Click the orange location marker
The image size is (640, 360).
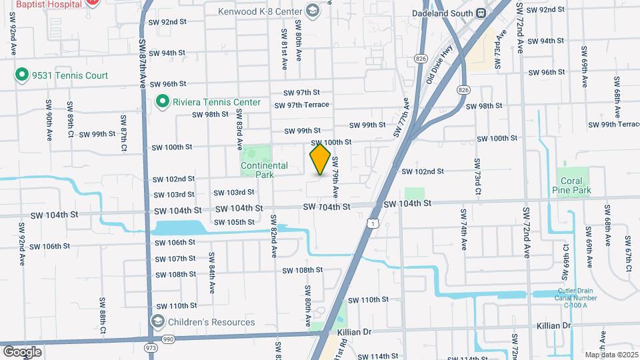(x=321, y=159)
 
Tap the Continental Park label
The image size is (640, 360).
(x=265, y=170)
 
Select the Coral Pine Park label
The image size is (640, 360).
(x=572, y=185)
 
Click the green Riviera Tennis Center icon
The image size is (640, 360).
(x=162, y=102)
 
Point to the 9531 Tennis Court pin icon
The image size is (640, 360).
(x=21, y=75)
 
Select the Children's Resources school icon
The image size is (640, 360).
(x=158, y=322)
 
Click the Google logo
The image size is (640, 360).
(x=22, y=351)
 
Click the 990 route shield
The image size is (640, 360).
(x=167, y=340)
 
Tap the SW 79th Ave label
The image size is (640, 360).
(x=336, y=177)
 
